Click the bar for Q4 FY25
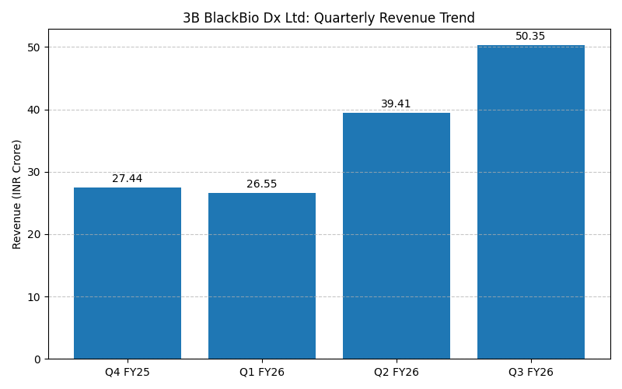(128, 273)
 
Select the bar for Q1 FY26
(262, 276)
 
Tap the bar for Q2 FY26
(397, 236)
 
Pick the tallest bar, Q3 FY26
(531, 202)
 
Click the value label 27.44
(128, 179)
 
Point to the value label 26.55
(262, 184)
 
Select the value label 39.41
(397, 104)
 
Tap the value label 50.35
(531, 37)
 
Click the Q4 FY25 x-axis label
(128, 373)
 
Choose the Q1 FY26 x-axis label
(262, 373)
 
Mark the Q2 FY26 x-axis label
(397, 373)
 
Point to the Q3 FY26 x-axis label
(531, 373)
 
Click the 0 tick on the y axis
(37, 359)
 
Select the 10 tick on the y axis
(34, 297)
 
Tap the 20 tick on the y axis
(34, 234)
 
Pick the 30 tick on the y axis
(34, 172)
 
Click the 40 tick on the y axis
(34, 110)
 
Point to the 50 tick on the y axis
(34, 47)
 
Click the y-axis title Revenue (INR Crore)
(17, 194)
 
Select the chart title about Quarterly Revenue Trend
(329, 18)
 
